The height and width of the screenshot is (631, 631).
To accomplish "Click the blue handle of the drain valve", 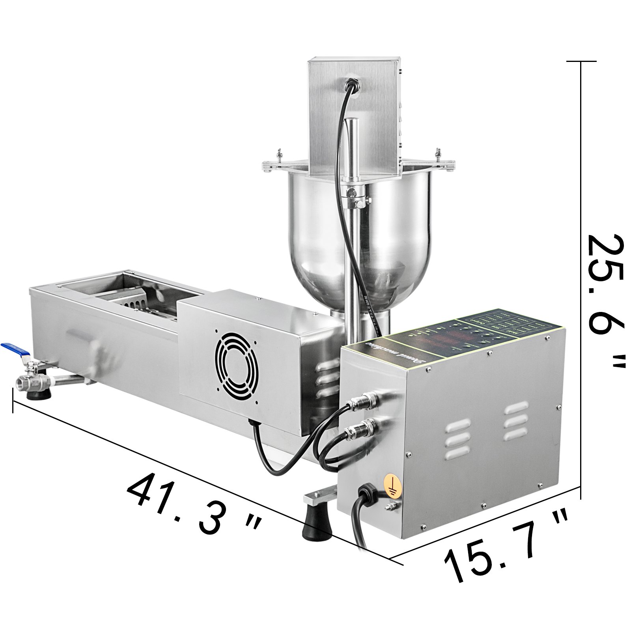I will [16, 349].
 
